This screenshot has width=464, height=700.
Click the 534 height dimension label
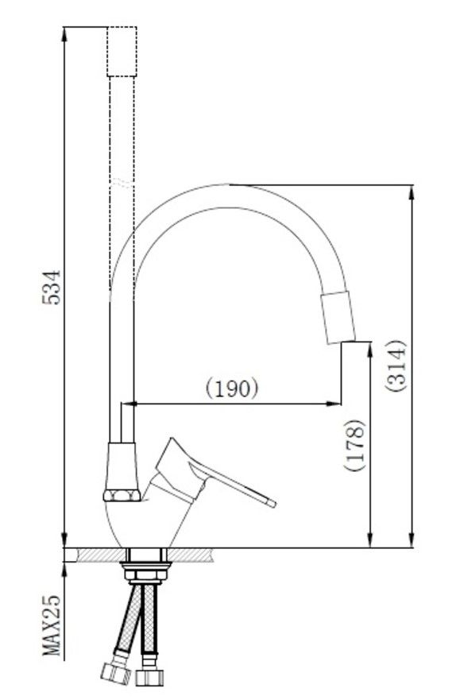pos(51,287)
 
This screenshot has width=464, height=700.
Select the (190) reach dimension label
pos(232,388)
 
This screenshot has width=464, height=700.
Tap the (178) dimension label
pos(354,445)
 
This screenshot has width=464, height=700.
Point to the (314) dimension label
pos(396,366)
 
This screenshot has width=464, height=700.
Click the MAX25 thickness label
pos(52,625)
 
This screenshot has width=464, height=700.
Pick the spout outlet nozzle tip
pos(338,318)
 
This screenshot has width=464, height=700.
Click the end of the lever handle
pos(273,504)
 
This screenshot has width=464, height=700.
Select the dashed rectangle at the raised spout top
pos(122,52)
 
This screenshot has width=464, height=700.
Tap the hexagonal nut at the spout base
pos(122,495)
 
